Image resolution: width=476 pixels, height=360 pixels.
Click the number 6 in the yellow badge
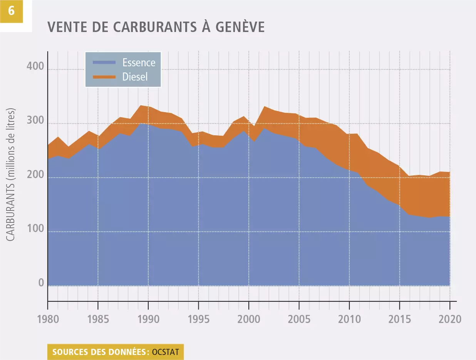pyautogui.click(x=11, y=11)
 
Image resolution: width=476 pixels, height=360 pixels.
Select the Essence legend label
pyautogui.click(x=139, y=62)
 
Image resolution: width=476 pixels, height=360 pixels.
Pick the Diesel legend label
pyautogui.click(x=135, y=76)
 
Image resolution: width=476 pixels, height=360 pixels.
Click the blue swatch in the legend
pyautogui.click(x=104, y=62)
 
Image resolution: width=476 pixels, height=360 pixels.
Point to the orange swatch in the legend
pyautogui.click(x=104, y=76)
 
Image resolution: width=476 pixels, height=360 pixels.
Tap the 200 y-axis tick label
pyautogui.click(x=35, y=176)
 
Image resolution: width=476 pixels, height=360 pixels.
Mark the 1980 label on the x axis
pyautogui.click(x=48, y=320)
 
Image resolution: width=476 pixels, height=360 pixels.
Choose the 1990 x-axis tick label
pyautogui.click(x=148, y=320)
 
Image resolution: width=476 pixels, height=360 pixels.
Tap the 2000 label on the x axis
pyautogui.click(x=249, y=320)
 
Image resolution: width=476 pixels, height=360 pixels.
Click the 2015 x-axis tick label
pyautogui.click(x=399, y=320)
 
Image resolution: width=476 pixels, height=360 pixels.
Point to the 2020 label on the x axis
pyautogui.click(x=449, y=320)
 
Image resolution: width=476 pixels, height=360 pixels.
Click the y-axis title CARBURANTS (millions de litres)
pyautogui.click(x=11, y=175)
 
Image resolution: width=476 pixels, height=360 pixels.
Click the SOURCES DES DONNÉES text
pyautogui.click(x=100, y=352)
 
